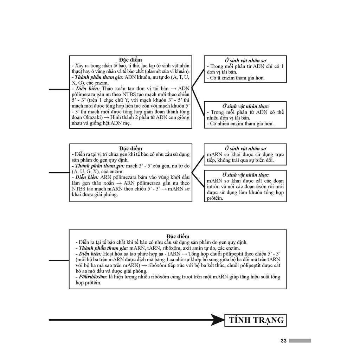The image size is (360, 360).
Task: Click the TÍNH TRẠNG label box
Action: [256, 320]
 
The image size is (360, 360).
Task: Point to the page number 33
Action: [283, 341]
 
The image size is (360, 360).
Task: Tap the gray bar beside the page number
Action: [300, 341]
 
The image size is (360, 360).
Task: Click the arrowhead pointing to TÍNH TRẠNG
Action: [219, 320]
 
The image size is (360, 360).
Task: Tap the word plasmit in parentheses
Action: [155, 71]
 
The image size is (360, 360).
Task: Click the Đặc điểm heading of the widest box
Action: [178, 236]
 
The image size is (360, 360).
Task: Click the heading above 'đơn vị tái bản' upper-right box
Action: [245, 60]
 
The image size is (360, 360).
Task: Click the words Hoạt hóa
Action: [111, 253]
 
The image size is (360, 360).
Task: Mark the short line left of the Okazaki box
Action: [59, 89]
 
